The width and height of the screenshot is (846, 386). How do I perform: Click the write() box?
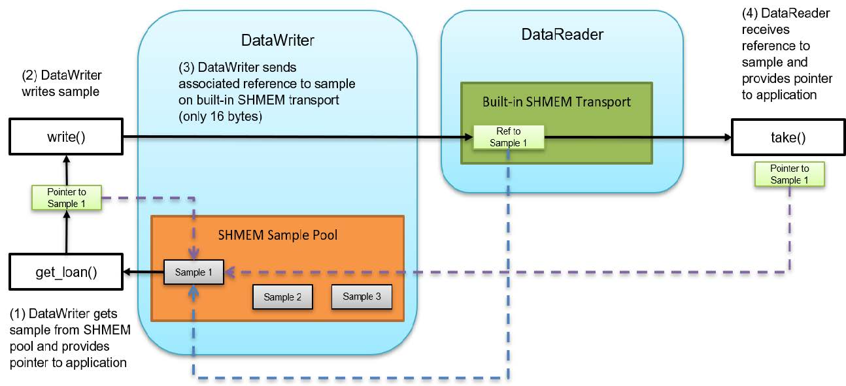[65, 137]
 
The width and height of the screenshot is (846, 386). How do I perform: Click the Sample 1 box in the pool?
[193, 272]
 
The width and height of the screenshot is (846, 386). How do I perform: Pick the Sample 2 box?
[282, 297]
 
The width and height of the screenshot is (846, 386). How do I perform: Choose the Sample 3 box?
[362, 297]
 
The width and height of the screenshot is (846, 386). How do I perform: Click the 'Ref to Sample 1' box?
[508, 137]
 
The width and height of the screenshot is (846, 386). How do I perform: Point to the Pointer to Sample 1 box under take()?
[789, 174]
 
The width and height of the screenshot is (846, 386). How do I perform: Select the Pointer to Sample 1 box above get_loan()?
[65, 198]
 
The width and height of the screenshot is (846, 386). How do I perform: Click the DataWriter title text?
[278, 40]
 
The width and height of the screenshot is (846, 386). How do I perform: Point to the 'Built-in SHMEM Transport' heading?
[556, 102]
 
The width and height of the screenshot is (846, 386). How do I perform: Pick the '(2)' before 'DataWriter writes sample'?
[30, 75]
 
